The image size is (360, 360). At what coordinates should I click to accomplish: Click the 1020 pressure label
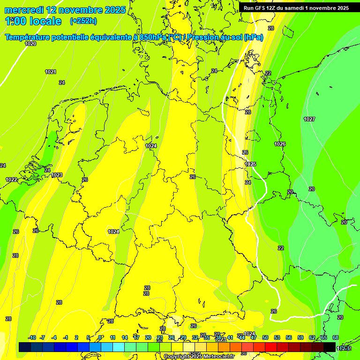coord(30,44)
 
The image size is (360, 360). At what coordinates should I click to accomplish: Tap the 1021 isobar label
coord(51,72)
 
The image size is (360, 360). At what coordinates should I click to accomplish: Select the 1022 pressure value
coord(11,180)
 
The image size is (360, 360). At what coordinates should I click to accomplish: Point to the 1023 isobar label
coord(57,175)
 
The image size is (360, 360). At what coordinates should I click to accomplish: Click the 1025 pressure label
coord(250,164)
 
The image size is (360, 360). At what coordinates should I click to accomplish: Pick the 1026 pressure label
coord(280,144)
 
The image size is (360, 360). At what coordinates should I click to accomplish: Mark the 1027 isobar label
coord(309,119)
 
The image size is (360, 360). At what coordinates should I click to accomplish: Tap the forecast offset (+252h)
coord(83,21)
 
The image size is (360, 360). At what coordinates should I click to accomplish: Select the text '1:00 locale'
coord(33,21)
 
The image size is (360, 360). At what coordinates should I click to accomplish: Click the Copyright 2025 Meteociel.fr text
coord(199,357)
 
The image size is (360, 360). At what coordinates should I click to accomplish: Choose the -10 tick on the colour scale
coord(32,337)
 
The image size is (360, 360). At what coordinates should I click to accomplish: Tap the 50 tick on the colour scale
coord(265,337)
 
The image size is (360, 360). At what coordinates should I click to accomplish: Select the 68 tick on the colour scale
coord(336,337)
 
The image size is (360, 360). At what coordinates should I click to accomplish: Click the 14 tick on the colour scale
coord(125,337)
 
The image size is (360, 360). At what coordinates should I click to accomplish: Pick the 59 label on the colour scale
coord(300,337)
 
